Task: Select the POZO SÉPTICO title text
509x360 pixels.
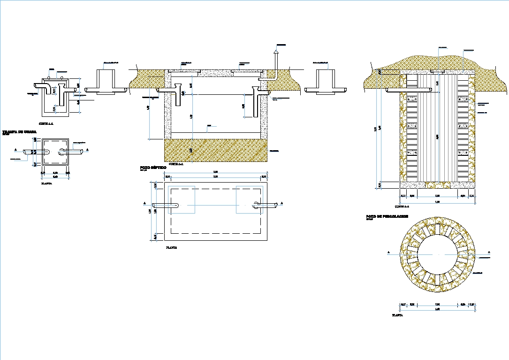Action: coord(153,167)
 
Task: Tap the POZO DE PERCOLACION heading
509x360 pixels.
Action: coord(387,216)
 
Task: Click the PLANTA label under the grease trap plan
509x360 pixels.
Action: coord(46,184)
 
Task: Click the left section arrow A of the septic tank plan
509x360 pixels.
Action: coord(145,204)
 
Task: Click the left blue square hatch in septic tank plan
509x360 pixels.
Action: coord(181,200)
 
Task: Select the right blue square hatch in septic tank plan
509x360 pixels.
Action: coord(249,200)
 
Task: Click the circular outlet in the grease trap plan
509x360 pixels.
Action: coord(63,152)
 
